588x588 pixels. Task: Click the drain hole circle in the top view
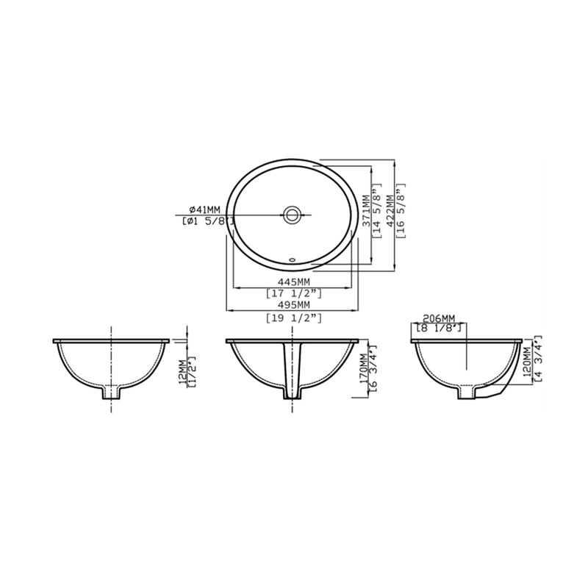pyautogui.click(x=293, y=215)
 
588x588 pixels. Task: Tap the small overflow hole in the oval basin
pyautogui.click(x=293, y=259)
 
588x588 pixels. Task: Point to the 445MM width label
pyautogui.click(x=293, y=282)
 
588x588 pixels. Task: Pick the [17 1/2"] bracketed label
pyautogui.click(x=293, y=293)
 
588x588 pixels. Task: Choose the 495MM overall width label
pyautogui.click(x=293, y=305)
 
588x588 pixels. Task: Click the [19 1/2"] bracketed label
pyautogui.click(x=293, y=317)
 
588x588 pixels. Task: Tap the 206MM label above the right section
pyautogui.click(x=439, y=318)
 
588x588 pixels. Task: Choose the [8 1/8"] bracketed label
pyautogui.click(x=439, y=329)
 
